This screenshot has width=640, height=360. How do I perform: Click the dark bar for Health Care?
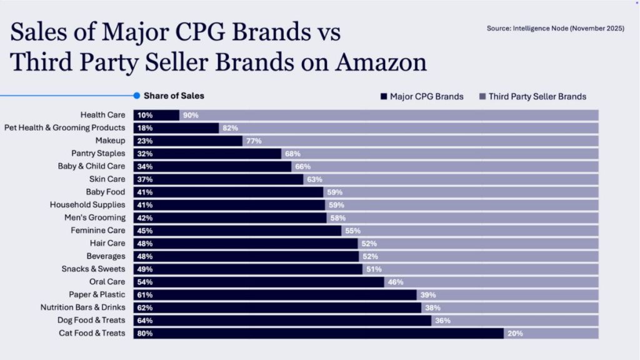pos(156,115)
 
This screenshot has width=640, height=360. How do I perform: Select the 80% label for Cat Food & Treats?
pos(145,334)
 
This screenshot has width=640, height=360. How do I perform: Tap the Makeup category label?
pos(110,141)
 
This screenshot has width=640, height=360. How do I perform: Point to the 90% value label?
pos(191,116)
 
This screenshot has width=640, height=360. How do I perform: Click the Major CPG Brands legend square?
pos(384,96)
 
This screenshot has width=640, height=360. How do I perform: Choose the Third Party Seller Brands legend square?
pos(482,96)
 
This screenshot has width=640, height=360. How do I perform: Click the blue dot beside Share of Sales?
pos(137,96)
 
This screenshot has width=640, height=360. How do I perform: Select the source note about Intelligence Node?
pos(556,28)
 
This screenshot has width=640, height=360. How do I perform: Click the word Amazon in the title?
pos(381,62)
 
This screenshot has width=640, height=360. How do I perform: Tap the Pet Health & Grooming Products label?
pos(65,127)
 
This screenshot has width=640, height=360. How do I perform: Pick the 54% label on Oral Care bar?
pos(145,282)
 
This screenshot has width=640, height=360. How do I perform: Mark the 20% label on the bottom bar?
pos(515,334)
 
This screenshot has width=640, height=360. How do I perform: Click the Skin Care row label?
pos(107,179)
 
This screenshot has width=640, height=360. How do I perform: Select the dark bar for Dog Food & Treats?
pos(282,321)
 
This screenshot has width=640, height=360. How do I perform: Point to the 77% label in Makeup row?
pos(254,141)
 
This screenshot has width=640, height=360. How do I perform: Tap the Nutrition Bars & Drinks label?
pos(83,307)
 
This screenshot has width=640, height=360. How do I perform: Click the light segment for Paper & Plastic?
pos(507,295)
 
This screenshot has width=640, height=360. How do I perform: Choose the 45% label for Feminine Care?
pos(145,231)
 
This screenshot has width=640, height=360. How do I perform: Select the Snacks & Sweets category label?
pos(94,269)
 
